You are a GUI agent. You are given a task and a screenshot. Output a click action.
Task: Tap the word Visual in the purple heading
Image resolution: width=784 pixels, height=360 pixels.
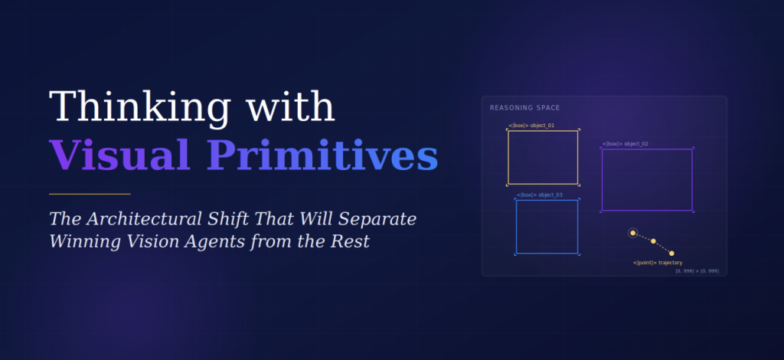pyautogui.click(x=119, y=155)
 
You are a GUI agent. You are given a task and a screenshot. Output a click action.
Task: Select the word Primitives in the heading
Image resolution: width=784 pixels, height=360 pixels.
pyautogui.click(x=323, y=155)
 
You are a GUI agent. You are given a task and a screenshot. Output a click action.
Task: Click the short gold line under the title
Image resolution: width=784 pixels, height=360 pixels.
pyautogui.click(x=90, y=194)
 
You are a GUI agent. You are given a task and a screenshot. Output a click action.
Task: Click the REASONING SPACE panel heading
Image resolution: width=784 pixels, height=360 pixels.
pyautogui.click(x=524, y=107)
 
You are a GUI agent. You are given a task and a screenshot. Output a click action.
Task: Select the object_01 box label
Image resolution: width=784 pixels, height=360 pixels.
pyautogui.click(x=531, y=125)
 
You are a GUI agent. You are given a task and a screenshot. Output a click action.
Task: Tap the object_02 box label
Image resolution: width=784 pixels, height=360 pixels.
pyautogui.click(x=625, y=143)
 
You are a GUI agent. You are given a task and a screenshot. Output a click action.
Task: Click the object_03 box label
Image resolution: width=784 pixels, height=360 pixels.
pyautogui.click(x=540, y=195)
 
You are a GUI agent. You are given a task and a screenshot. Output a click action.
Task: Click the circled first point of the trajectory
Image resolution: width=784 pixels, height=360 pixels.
pyautogui.click(x=632, y=233)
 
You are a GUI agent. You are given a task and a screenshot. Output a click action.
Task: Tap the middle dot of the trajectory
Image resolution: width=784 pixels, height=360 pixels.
pyautogui.click(x=653, y=241)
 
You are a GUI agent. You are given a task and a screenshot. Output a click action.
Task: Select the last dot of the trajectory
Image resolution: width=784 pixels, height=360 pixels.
pyautogui.click(x=671, y=254)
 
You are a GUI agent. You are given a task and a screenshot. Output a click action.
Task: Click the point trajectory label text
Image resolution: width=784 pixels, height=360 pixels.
pyautogui.click(x=658, y=263)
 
